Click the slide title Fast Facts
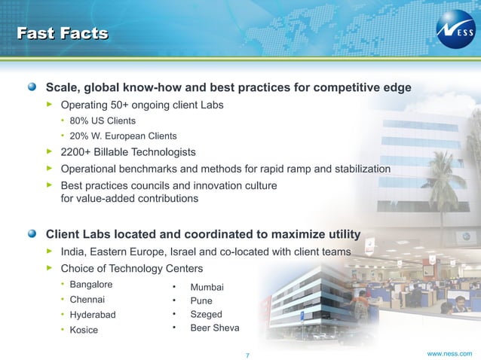point(63,32)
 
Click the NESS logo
point(455,32)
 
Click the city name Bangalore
point(91,285)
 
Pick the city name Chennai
point(88,300)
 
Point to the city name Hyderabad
point(93,315)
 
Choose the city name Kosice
point(84,330)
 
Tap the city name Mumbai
point(207,287)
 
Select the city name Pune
point(201,301)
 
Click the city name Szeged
point(206,314)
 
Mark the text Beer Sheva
point(215,328)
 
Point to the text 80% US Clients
point(103,121)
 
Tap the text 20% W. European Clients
point(123,136)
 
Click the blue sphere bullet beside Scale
point(32,87)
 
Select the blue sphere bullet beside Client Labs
point(32,233)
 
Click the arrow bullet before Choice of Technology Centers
point(50,267)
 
